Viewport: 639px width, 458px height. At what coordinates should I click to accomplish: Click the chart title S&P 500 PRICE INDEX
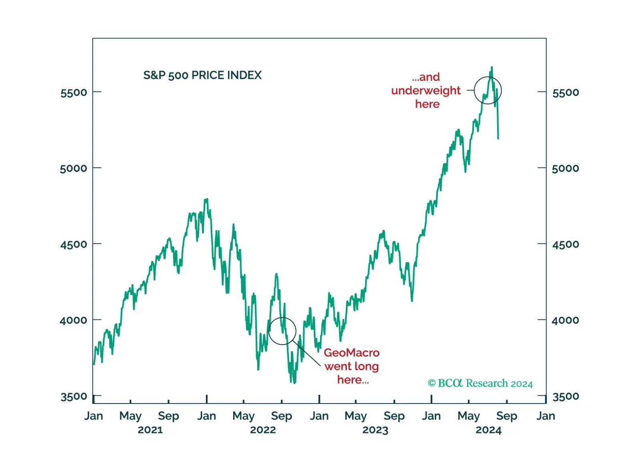[x=202, y=75]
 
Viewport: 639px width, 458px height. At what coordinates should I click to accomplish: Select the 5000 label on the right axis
[x=565, y=168]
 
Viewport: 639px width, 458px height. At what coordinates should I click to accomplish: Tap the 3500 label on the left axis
[x=73, y=396]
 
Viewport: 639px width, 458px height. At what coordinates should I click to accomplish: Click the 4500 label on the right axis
[x=565, y=244]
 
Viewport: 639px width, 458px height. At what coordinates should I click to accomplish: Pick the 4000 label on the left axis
[x=73, y=320]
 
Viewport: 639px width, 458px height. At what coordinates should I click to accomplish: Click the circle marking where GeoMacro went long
[x=282, y=331]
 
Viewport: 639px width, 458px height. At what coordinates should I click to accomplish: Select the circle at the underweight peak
[x=488, y=90]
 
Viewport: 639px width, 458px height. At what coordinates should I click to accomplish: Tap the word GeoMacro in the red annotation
[x=351, y=353]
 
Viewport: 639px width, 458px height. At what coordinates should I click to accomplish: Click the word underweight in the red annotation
[x=425, y=90]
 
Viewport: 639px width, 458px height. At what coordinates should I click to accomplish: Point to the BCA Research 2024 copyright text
[x=480, y=384]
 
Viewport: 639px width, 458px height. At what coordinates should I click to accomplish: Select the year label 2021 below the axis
[x=150, y=430]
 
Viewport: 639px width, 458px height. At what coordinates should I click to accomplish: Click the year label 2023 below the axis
[x=375, y=430]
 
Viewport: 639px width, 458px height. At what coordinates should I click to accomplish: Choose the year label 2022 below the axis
[x=263, y=430]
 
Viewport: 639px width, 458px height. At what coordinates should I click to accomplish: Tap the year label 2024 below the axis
[x=488, y=430]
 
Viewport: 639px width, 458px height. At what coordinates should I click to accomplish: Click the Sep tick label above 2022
[x=281, y=416]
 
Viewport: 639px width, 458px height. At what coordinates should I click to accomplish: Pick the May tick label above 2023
[x=355, y=416]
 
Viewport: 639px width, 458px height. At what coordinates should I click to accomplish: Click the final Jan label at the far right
[x=546, y=416]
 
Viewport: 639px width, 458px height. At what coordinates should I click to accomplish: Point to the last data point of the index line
[x=498, y=139]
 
